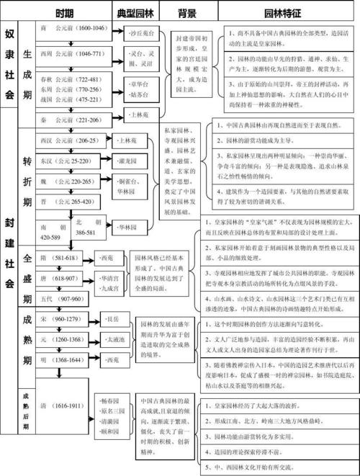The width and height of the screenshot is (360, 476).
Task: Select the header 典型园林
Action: tap(135, 13)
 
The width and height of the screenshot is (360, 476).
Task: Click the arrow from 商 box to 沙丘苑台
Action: tap(117, 30)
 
